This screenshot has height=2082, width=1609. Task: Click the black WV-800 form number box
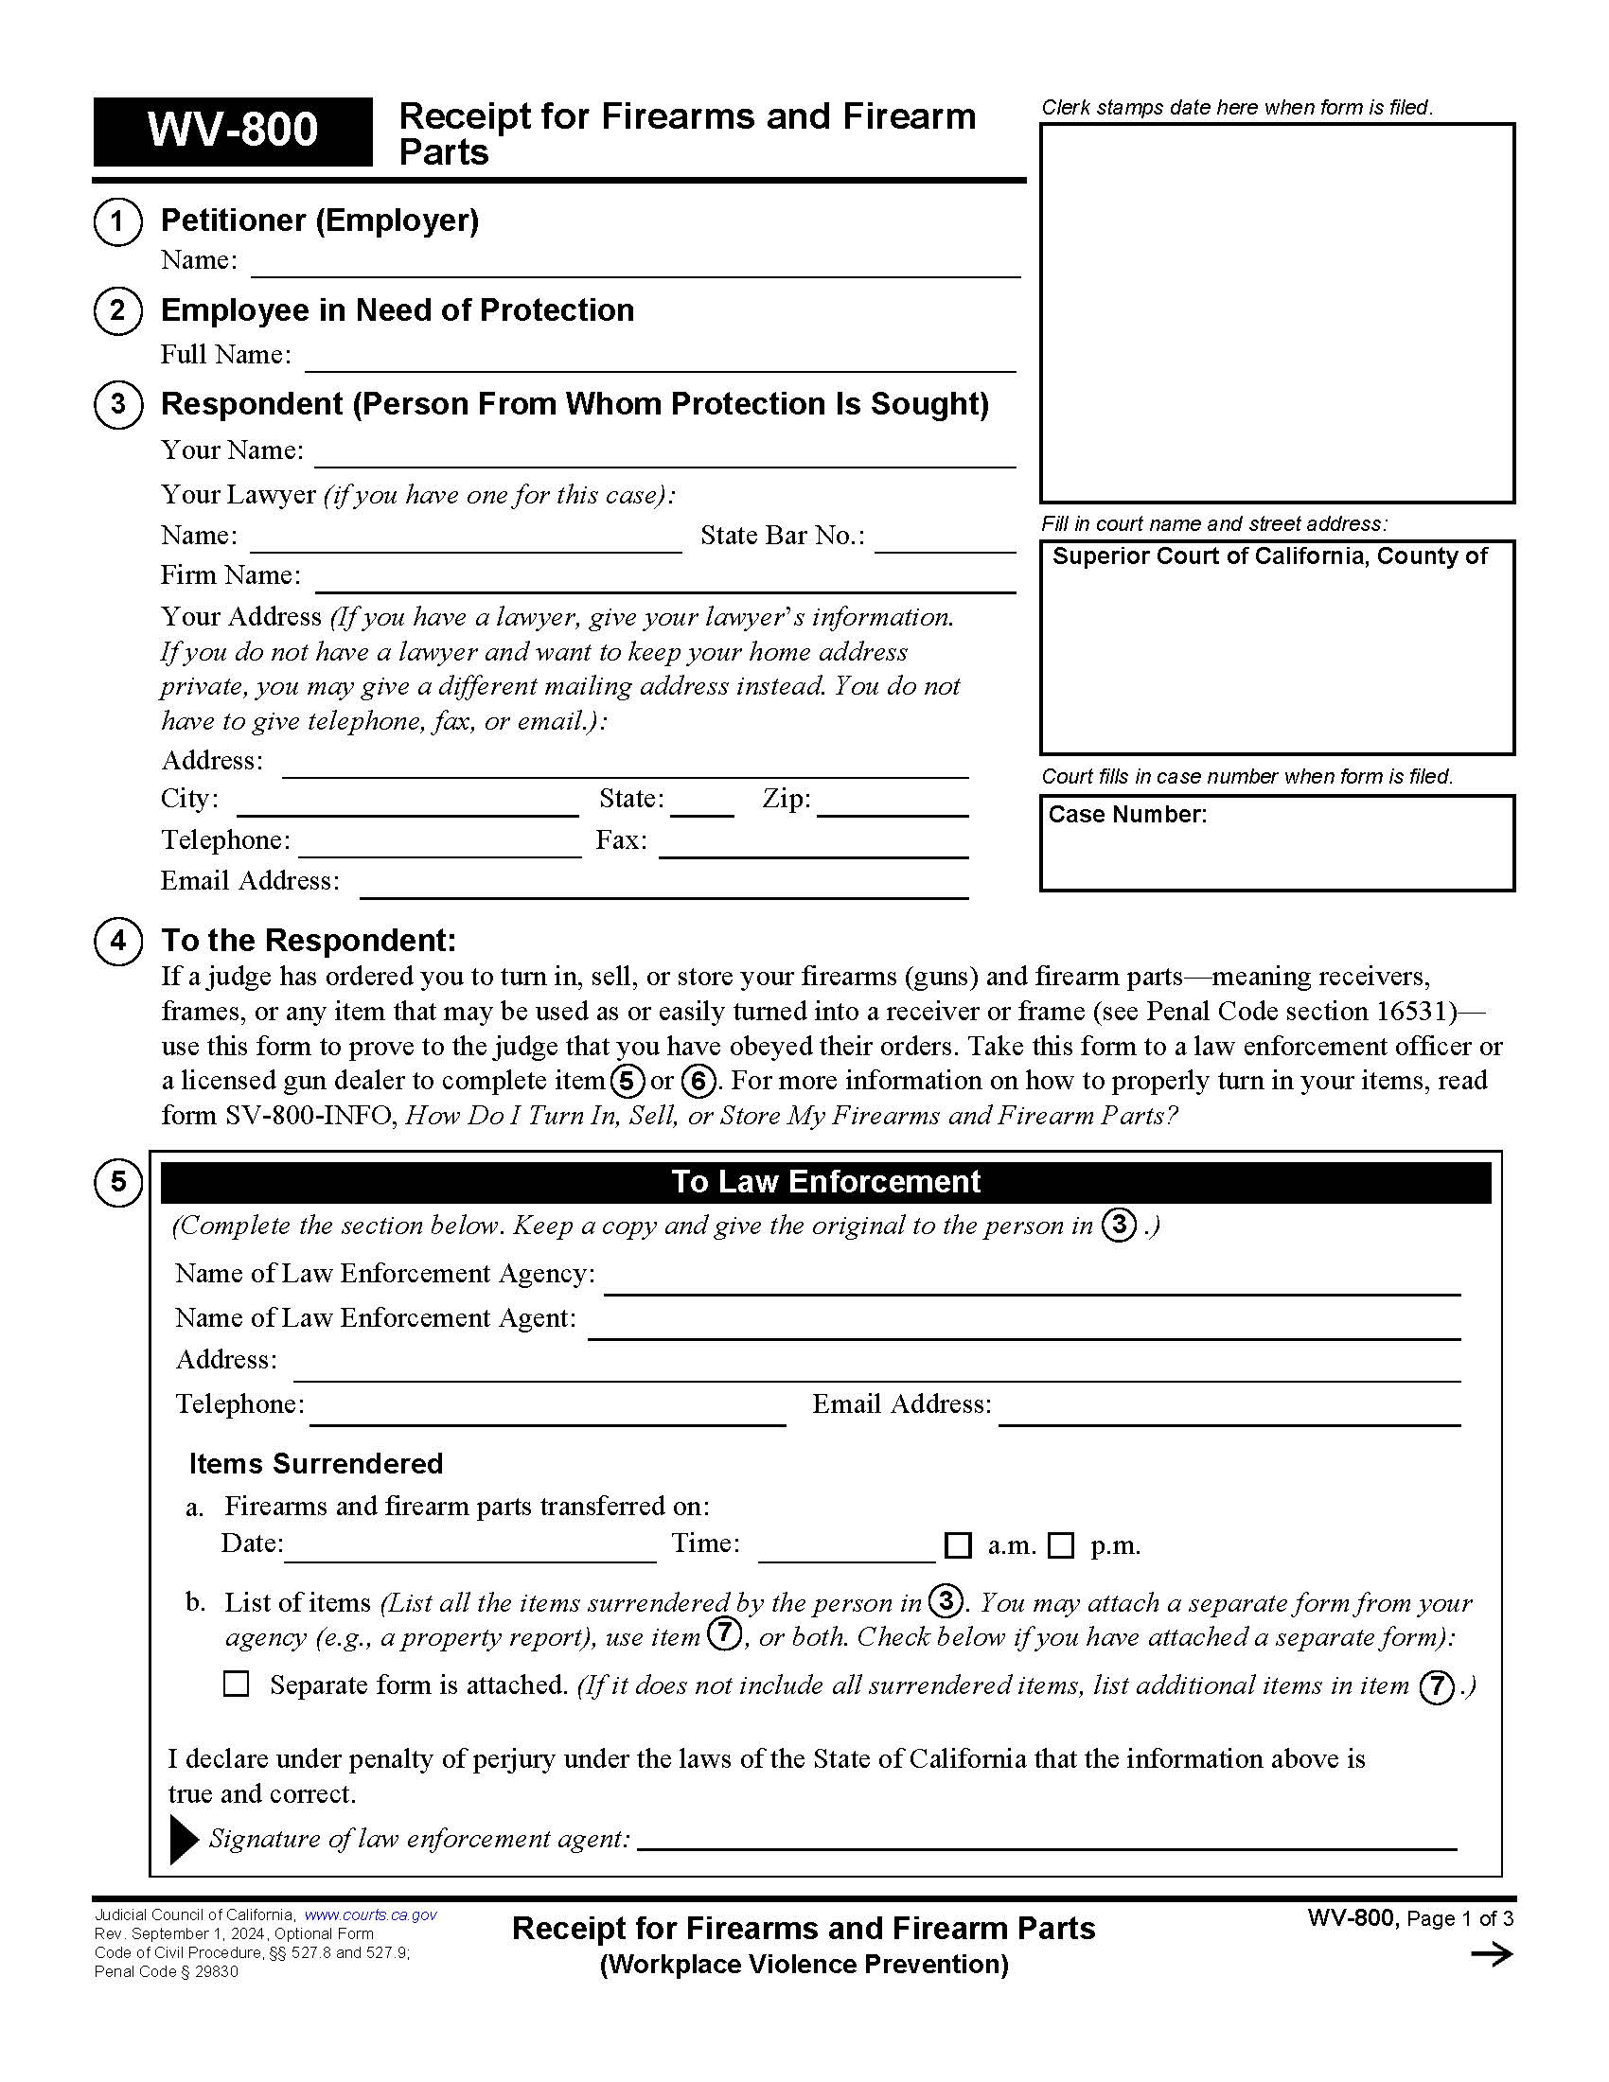tap(233, 132)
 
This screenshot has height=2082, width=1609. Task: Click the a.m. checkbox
tap(957, 1545)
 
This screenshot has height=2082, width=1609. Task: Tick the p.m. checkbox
tap(1061, 1545)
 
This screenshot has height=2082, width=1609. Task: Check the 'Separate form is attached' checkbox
tap(236, 1684)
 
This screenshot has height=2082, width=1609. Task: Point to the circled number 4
tap(118, 941)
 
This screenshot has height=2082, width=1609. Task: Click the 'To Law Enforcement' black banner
tap(825, 1182)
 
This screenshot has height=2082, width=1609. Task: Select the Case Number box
tap(1277, 843)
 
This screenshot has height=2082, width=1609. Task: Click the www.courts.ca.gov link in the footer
tap(370, 1915)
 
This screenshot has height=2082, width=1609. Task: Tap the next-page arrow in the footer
tap(1492, 1955)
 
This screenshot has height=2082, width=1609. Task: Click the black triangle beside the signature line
tap(183, 1840)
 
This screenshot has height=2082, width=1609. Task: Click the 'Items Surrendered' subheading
tap(315, 1463)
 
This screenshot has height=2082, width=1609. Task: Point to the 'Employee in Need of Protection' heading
tap(397, 310)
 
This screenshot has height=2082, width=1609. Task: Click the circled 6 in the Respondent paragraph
tap(698, 1081)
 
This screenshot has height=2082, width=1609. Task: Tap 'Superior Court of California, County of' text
tap(1268, 556)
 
